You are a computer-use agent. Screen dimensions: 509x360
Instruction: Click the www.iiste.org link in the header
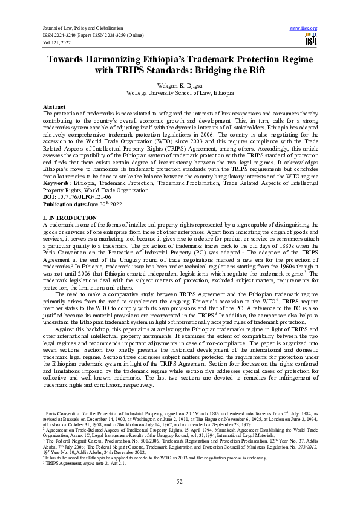304,28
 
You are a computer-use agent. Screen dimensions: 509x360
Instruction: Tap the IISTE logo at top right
311,40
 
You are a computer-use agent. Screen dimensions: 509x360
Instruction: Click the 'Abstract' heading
56,106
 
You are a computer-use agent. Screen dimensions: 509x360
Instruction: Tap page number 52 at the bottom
180,481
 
